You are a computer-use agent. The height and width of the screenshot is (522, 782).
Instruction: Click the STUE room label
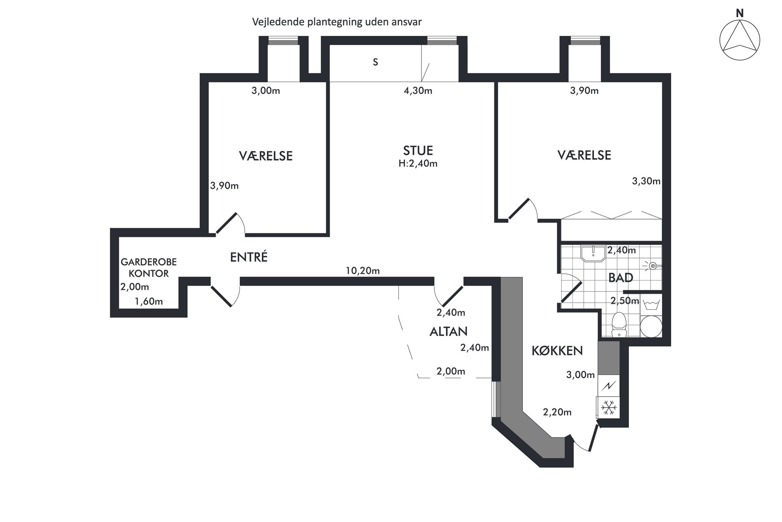[x=418, y=150]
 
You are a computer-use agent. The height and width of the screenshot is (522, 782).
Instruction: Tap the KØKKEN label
[x=557, y=351]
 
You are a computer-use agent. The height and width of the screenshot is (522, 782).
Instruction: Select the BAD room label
[x=621, y=278]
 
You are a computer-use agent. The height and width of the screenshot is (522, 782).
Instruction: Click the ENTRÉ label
[x=249, y=257]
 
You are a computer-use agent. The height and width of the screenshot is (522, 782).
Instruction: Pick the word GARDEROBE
[x=149, y=262]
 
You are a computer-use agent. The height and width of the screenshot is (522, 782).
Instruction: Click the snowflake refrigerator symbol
[x=609, y=407]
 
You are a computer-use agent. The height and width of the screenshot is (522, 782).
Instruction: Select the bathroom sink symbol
[x=593, y=253]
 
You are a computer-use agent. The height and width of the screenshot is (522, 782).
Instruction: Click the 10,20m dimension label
[x=363, y=271]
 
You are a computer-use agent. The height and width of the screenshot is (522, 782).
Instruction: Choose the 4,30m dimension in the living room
[x=418, y=91]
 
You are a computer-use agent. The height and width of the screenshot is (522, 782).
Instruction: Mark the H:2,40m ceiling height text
[x=418, y=164]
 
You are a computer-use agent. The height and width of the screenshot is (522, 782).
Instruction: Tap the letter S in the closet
[x=375, y=62]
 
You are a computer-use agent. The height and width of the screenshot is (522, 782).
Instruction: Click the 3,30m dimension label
[x=646, y=181]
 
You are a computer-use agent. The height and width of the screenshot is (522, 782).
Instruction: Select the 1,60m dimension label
[x=149, y=302]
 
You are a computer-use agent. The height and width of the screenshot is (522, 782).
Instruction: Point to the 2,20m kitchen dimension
[x=557, y=412]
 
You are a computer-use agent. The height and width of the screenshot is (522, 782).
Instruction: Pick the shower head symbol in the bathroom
[x=653, y=266]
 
